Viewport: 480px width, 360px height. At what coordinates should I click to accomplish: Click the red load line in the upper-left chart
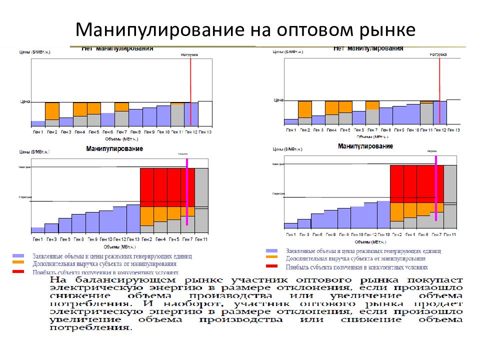coord(190,90)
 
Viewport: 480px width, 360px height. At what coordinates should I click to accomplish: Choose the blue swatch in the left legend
coord(18,255)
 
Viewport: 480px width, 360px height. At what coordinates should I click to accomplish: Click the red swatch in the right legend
coord(272,266)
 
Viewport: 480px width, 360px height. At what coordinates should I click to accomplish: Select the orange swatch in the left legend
coord(18,262)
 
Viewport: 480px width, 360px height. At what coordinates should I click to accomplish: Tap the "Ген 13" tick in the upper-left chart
coord(205,132)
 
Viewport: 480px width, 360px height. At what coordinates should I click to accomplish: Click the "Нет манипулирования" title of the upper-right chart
coord(368,48)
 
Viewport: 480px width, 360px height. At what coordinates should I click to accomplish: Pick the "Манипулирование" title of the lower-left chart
coord(114,149)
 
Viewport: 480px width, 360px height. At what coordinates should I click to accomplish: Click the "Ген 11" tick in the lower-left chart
coord(201,239)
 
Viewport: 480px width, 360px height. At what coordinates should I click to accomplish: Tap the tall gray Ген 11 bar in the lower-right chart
coord(450,197)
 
